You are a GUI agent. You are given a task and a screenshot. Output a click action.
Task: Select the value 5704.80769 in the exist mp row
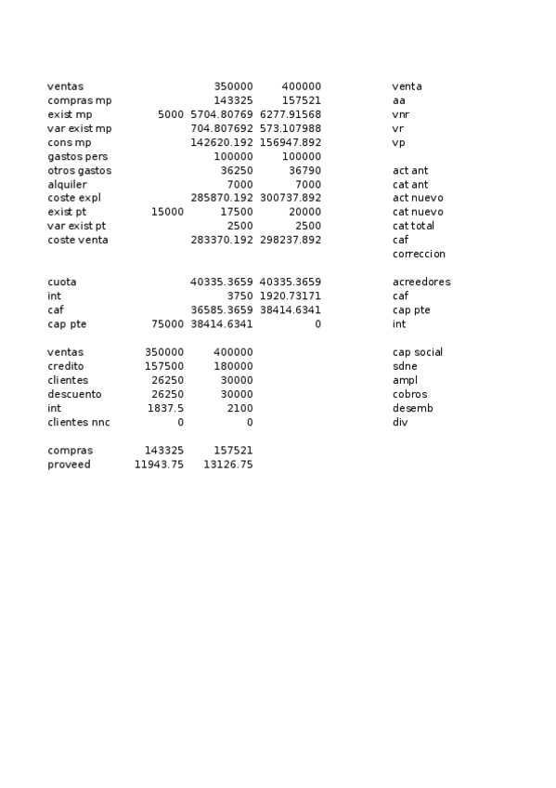221,114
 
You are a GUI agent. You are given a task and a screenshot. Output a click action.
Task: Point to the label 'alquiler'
67,184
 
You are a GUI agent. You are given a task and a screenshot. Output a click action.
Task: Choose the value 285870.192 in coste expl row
221,198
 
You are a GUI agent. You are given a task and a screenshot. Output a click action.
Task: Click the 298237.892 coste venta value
291,240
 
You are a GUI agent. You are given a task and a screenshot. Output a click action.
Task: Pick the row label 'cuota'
62,282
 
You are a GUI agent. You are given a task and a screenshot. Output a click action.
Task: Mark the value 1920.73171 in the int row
291,295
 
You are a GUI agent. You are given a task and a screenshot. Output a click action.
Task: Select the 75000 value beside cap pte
167,324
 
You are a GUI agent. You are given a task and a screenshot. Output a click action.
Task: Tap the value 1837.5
165,408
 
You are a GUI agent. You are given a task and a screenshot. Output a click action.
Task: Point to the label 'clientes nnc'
78,422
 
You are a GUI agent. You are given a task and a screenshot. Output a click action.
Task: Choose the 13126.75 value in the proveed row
227,464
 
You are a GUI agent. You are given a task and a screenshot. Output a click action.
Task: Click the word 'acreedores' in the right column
421,282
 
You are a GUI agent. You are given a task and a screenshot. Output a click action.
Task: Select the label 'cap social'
418,352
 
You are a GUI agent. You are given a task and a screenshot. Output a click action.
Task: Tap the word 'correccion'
419,254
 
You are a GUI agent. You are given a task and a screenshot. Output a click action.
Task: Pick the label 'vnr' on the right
400,114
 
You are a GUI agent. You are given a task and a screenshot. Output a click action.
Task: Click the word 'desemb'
412,408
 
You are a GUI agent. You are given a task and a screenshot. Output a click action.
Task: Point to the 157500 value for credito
164,366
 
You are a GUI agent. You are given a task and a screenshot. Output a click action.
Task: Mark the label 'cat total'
413,226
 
